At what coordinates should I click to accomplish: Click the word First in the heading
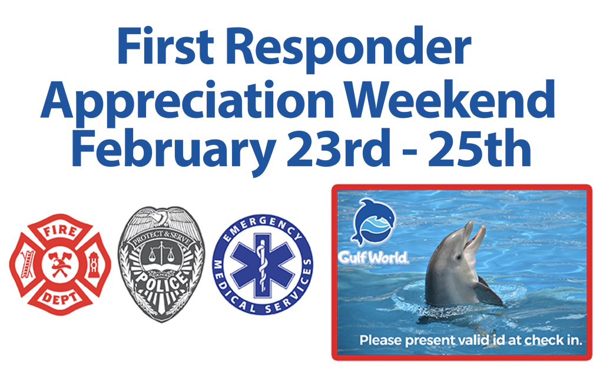[x=165, y=46]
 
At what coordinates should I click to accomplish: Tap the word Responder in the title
[x=348, y=49]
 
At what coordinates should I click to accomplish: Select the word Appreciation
[x=187, y=101]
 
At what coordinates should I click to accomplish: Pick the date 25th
[x=479, y=148]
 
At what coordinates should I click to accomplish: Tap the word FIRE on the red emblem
[x=61, y=231]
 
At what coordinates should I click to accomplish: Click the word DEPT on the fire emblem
[x=60, y=297]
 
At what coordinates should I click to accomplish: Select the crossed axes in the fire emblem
[x=59, y=264]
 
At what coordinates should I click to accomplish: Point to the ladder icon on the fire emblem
[x=27, y=264]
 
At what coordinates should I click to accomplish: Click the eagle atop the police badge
[x=161, y=218]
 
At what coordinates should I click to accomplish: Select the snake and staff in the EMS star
[x=263, y=264]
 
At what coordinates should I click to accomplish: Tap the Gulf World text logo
[x=373, y=257]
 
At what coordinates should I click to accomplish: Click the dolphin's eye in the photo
[x=458, y=257]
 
